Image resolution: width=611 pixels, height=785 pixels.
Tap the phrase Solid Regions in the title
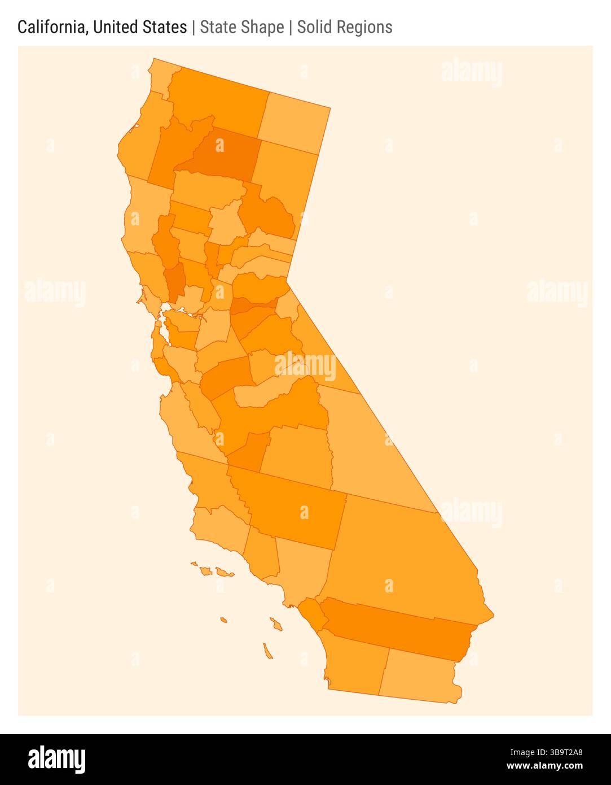[x=345, y=27]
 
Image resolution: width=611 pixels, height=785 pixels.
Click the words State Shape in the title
[x=241, y=27]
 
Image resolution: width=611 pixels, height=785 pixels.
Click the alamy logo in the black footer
[x=57, y=760]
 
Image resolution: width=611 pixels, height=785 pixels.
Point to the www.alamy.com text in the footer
[x=544, y=766]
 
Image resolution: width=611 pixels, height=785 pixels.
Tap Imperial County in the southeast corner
[x=420, y=675]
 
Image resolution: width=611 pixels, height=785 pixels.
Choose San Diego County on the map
[x=355, y=661]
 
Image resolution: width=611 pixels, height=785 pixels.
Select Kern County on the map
[x=293, y=505]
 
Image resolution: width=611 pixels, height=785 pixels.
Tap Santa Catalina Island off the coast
[x=276, y=624]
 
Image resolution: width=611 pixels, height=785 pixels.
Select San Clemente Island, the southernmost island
[x=267, y=651]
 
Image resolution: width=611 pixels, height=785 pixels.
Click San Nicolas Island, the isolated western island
[x=223, y=620]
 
